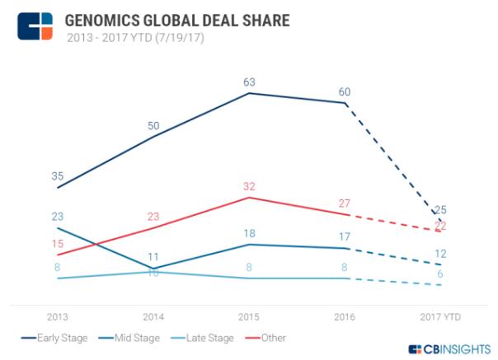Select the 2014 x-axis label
pos(153,316)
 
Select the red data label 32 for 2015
pos(250,185)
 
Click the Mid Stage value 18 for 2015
pos(250,233)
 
